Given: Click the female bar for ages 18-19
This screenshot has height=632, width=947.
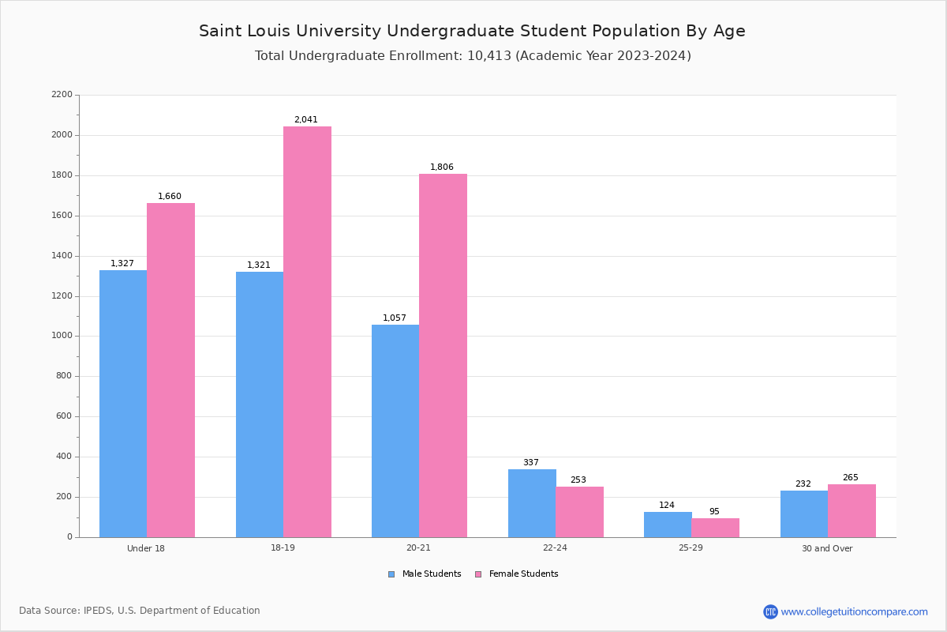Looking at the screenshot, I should [x=307, y=332].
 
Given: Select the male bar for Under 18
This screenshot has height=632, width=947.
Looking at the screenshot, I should [x=123, y=404].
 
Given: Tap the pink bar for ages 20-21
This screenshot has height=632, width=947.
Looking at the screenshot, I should [x=443, y=355].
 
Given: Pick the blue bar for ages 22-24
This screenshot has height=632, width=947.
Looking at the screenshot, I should [x=532, y=503].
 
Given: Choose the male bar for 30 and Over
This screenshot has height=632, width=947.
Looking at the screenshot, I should [x=804, y=514].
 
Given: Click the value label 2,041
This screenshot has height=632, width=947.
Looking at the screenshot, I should [x=306, y=120].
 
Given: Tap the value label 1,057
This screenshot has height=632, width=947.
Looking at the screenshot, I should [x=395, y=318].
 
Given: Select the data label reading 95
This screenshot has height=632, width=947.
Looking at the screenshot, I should [x=714, y=512].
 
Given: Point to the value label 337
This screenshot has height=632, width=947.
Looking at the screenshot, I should [x=531, y=463].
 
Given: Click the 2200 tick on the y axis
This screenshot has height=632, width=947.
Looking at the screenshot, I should [x=62, y=95].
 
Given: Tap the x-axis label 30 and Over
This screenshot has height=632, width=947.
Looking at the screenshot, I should [x=827, y=548].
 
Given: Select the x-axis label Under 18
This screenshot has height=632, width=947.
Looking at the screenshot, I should [x=146, y=548].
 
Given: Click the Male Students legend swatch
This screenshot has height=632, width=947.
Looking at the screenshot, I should [x=391, y=574].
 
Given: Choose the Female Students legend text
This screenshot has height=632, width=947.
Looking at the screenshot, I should [x=523, y=574].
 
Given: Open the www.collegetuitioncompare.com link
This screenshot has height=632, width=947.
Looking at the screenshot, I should [x=854, y=611].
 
